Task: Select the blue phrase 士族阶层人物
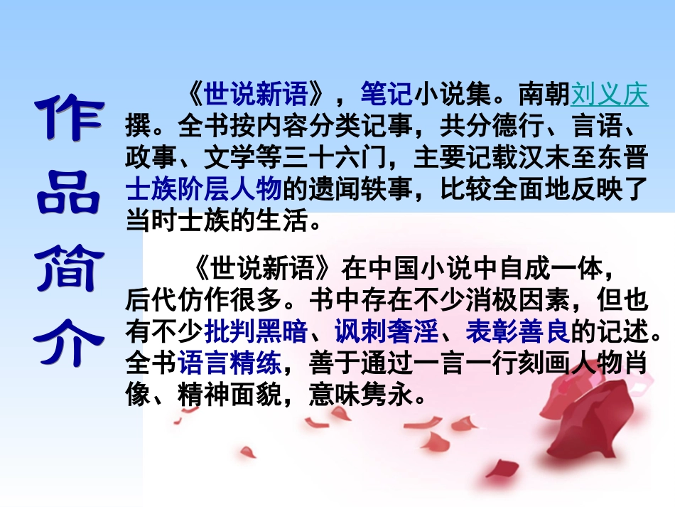tap(204, 190)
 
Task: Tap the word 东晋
tap(623, 158)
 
